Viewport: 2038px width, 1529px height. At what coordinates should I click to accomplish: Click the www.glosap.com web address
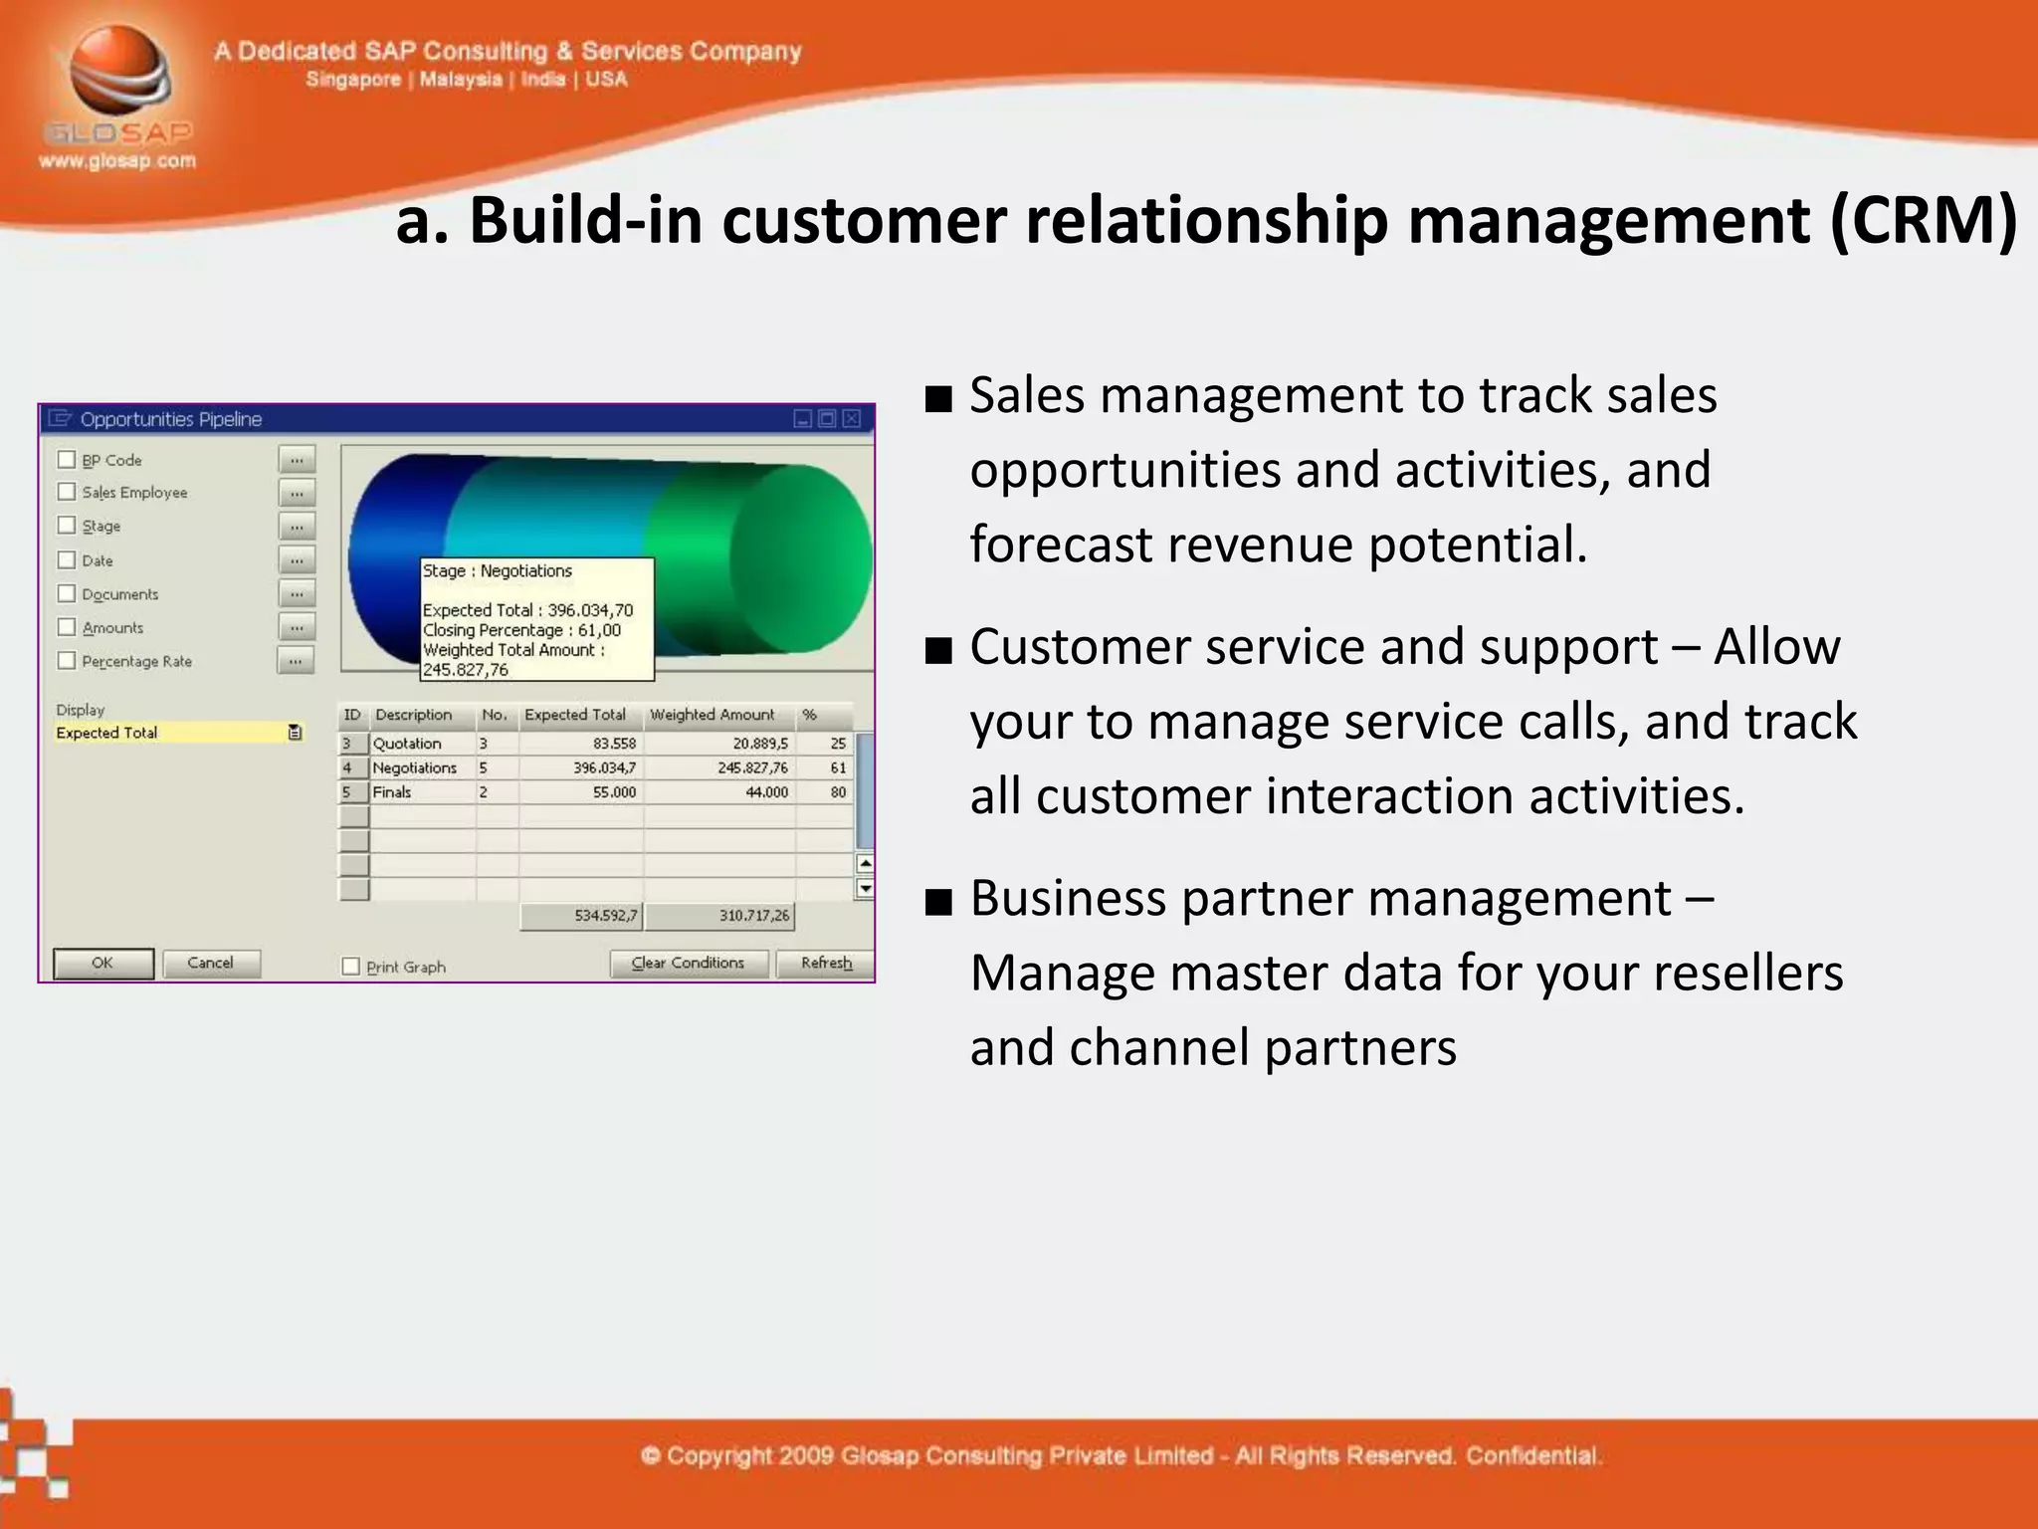tap(117, 160)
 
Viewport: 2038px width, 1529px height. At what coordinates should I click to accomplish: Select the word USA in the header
tap(606, 80)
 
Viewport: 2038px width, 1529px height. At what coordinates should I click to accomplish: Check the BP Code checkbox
tap(67, 459)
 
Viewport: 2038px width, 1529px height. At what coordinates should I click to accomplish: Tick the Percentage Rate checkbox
tap(67, 660)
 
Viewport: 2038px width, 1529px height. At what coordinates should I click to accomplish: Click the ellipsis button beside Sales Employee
tap(297, 493)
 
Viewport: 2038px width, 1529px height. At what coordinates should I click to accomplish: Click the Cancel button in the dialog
tap(211, 963)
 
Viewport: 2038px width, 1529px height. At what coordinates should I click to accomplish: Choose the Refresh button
tap(826, 963)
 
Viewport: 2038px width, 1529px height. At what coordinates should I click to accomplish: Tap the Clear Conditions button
tap(689, 963)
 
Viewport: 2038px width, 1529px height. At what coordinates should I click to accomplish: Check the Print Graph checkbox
tap(350, 967)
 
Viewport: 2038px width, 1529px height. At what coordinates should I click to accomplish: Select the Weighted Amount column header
tap(713, 715)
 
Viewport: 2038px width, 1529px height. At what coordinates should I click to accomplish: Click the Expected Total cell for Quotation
tap(581, 744)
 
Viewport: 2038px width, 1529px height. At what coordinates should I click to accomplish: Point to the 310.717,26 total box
tap(720, 916)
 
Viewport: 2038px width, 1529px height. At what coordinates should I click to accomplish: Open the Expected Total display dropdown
tap(295, 733)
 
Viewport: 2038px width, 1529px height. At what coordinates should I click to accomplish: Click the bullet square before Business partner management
tap(937, 902)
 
